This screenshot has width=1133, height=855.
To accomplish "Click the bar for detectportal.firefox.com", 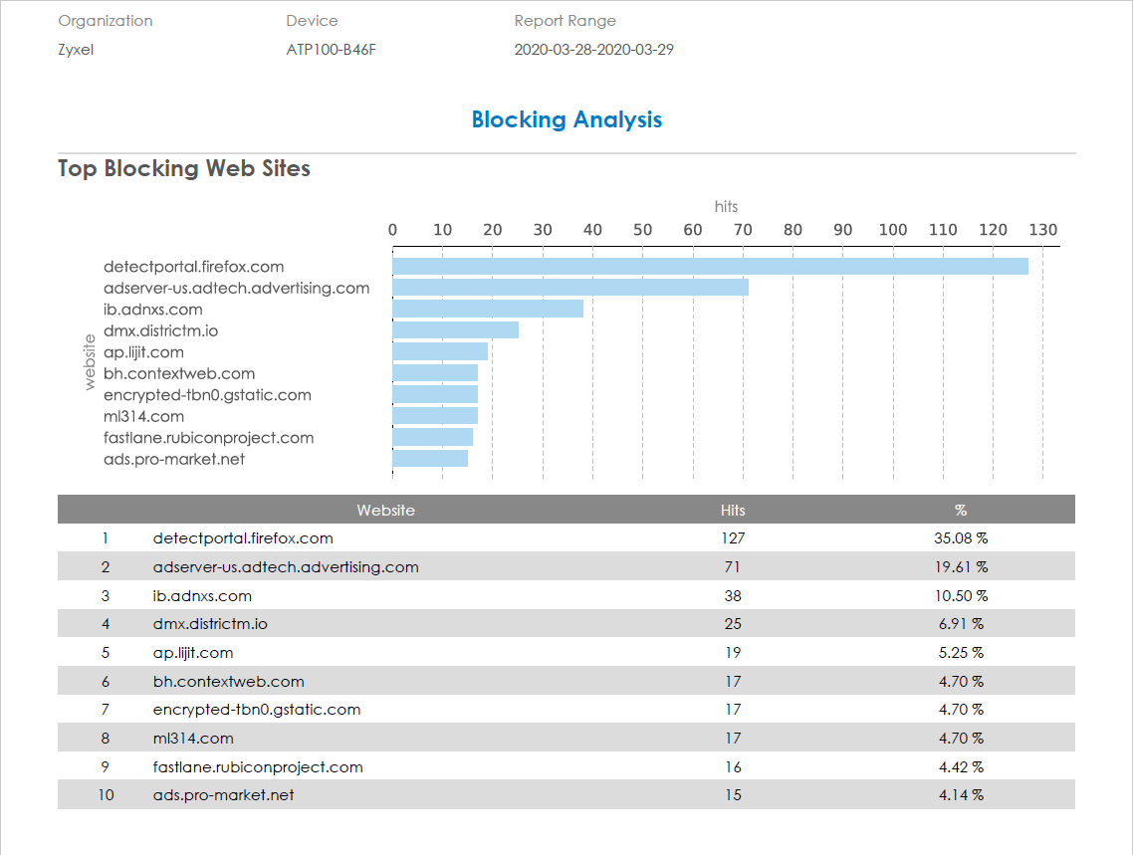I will tap(710, 267).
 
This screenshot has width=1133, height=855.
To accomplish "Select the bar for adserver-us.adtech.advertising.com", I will tap(570, 288).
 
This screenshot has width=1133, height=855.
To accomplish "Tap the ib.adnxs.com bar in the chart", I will tap(488, 309).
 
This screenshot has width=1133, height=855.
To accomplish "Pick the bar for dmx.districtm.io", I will tap(455, 330).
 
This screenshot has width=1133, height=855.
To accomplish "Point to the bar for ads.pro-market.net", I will tap(430, 459).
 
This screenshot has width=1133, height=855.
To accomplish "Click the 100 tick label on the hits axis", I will tap(893, 230).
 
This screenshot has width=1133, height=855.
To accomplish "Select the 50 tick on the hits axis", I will tap(643, 230).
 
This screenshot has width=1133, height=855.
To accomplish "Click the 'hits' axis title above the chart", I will tap(726, 206).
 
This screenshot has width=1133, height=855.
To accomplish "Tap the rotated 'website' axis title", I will tap(90, 362).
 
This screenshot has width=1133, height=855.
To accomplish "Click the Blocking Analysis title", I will tap(566, 120).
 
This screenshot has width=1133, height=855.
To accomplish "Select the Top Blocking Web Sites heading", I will tap(184, 169).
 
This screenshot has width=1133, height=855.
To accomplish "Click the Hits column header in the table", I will tap(733, 510).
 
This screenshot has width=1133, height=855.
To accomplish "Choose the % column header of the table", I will tap(961, 510).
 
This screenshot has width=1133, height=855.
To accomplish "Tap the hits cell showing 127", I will tap(733, 538).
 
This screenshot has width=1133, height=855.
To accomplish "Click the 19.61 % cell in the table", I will tap(961, 567).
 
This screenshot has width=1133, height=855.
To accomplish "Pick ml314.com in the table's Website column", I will tap(193, 739).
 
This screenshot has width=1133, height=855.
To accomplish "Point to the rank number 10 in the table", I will tap(106, 795).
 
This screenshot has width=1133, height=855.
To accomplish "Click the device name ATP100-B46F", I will tap(331, 50).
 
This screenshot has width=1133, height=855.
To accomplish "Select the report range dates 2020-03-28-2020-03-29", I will tap(593, 50).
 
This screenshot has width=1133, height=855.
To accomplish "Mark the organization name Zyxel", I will tap(76, 50).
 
